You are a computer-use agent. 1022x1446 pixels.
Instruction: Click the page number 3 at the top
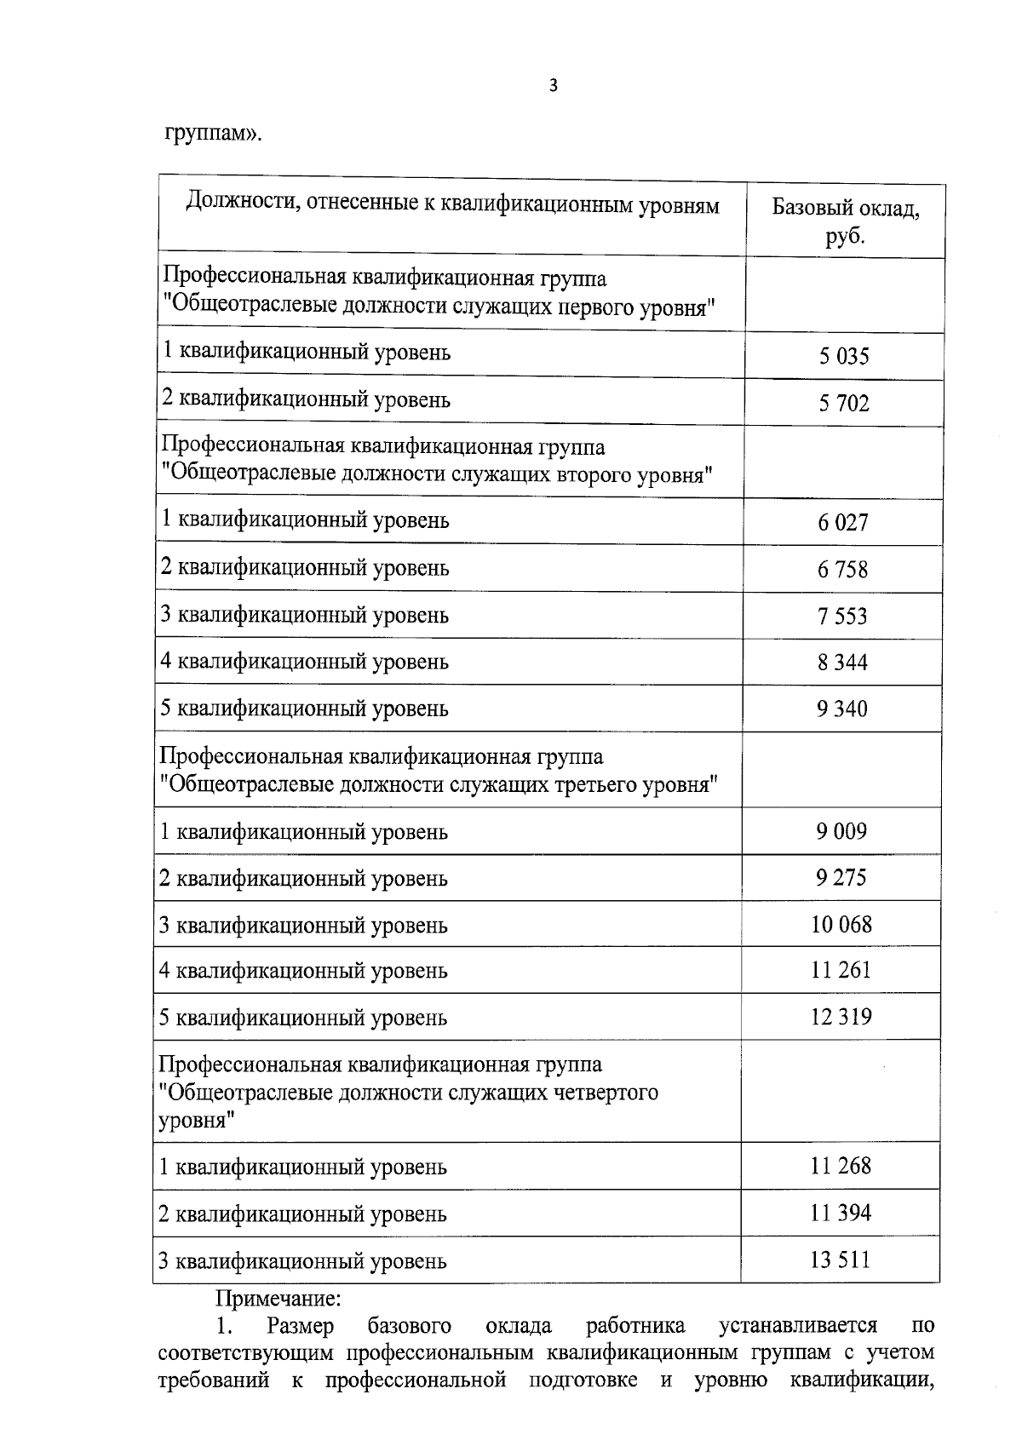[554, 85]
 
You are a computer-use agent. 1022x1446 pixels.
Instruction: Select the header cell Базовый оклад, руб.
[845, 221]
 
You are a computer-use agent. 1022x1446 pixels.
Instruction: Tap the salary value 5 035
[844, 356]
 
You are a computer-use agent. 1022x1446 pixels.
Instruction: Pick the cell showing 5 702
[844, 403]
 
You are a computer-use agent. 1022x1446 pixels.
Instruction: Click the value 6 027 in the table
[843, 522]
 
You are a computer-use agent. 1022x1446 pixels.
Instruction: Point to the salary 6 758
[843, 569]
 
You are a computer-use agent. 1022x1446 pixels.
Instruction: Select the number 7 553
[843, 616]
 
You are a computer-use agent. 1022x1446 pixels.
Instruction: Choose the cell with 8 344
[843, 663]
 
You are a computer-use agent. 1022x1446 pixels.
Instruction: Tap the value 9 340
[843, 709]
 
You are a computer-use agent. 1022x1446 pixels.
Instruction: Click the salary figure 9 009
[841, 831]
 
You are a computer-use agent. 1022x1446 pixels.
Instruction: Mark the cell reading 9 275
[841, 878]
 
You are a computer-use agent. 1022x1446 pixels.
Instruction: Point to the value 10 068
[841, 924]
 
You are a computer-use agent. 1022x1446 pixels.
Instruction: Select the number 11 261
[841, 970]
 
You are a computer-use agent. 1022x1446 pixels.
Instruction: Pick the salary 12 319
[841, 1017]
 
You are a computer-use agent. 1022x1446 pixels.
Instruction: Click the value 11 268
[841, 1166]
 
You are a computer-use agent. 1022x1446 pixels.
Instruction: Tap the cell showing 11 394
[841, 1213]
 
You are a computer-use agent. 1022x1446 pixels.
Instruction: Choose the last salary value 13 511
[841, 1260]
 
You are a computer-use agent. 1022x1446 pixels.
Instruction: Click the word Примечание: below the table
[278, 1300]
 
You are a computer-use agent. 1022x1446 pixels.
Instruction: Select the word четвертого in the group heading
[602, 1093]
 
